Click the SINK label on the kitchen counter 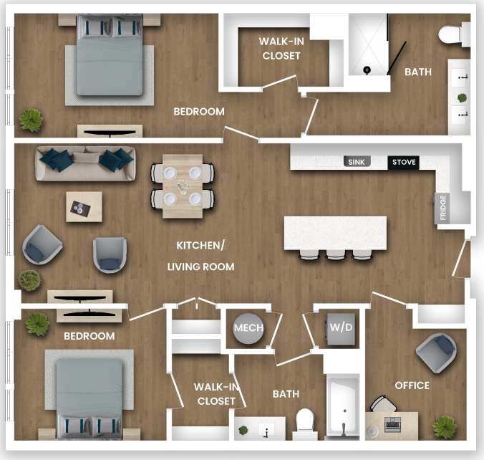pyautogui.click(x=356, y=163)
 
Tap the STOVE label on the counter pyautogui.click(x=404, y=163)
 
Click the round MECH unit pyautogui.click(x=248, y=328)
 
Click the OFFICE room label pyautogui.click(x=412, y=385)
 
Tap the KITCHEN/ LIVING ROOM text pyautogui.click(x=200, y=256)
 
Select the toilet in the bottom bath pyautogui.click(x=306, y=422)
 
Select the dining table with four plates pyautogui.click(x=182, y=186)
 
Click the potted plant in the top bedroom pyautogui.click(x=31, y=118)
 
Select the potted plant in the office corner pyautogui.click(x=444, y=426)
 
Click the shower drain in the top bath pyautogui.click(x=367, y=70)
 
